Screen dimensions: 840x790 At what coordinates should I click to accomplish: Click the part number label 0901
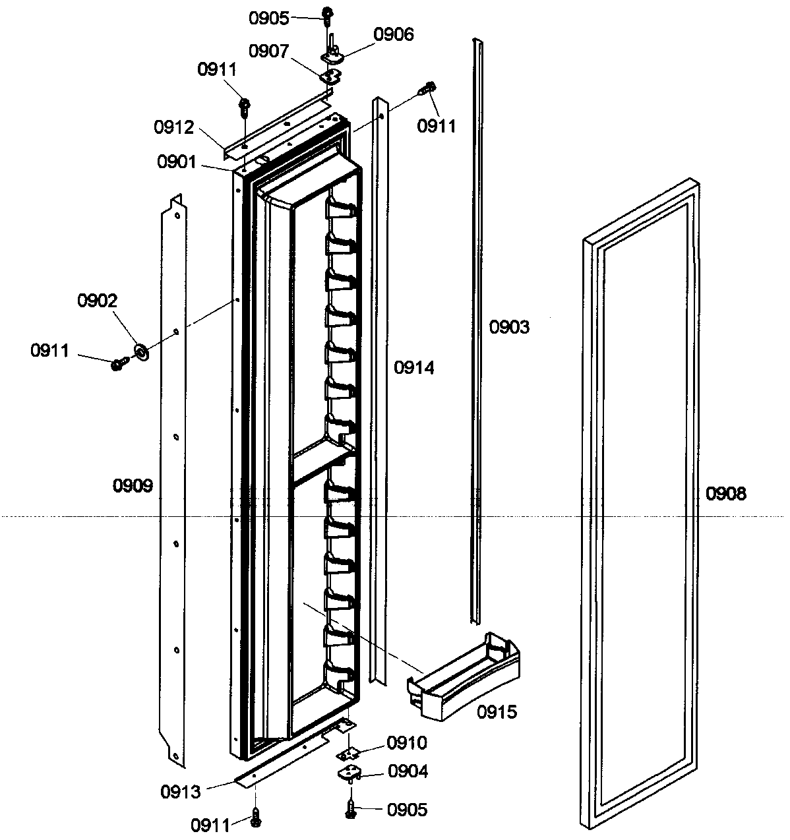pyautogui.click(x=176, y=161)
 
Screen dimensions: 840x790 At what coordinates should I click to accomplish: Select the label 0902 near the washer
pyautogui.click(x=97, y=301)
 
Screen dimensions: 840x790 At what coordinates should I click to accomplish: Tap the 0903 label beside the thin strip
pyautogui.click(x=509, y=327)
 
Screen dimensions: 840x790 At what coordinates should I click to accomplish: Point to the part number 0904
pyautogui.click(x=407, y=771)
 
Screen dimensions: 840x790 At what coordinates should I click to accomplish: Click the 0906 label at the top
pyautogui.click(x=394, y=35)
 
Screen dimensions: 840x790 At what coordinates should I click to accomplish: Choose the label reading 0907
pyautogui.click(x=268, y=51)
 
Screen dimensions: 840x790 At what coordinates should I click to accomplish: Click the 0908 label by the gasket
pyautogui.click(x=726, y=493)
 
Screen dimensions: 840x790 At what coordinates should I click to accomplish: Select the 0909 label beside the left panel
pyautogui.click(x=133, y=487)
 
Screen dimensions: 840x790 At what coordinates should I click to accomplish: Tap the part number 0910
pyautogui.click(x=407, y=743)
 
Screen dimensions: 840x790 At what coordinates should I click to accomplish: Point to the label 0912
pyautogui.click(x=174, y=127)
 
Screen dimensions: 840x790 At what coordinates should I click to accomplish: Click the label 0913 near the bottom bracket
pyautogui.click(x=181, y=791)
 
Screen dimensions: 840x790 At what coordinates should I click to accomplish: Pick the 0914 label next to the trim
pyautogui.click(x=414, y=368)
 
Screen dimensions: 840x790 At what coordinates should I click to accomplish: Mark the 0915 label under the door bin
pyautogui.click(x=497, y=711)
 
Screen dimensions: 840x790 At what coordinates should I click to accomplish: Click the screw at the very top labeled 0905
pyautogui.click(x=327, y=13)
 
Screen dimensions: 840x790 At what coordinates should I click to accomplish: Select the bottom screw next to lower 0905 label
pyautogui.click(x=351, y=808)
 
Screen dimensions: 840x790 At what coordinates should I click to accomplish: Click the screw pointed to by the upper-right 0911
pyautogui.click(x=431, y=88)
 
